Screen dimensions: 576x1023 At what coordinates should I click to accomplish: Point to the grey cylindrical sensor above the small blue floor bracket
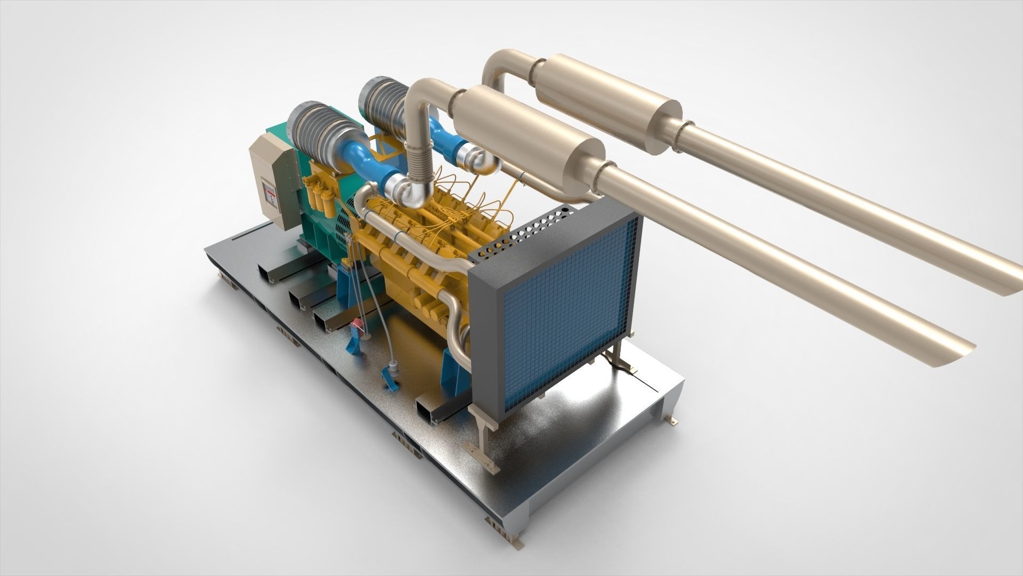coord(393,368)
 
